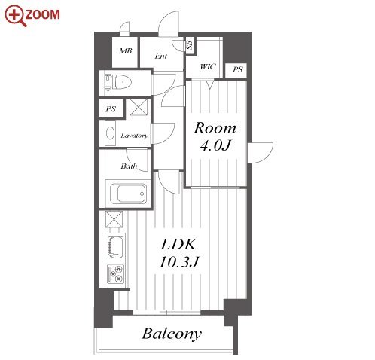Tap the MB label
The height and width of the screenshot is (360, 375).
pos(126,51)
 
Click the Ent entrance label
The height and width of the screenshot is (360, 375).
pos(161,56)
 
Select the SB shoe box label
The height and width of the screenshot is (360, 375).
pos(191,45)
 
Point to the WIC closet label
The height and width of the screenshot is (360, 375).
pos(208,67)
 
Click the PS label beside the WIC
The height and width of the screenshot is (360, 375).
pos(237,69)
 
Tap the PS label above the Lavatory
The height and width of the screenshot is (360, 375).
pos(111,109)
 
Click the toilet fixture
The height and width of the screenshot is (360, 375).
pos(118,82)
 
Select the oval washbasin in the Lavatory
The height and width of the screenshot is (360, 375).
pos(110,133)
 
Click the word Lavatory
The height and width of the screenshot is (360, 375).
pos(135,136)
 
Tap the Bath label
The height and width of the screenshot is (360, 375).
pos(129,166)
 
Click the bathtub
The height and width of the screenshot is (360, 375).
pos(128,194)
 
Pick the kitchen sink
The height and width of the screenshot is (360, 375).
pos(115,246)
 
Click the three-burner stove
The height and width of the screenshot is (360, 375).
pos(115,273)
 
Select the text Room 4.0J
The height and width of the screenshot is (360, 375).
pos(215,136)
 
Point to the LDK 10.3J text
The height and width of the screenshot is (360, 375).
pos(178,253)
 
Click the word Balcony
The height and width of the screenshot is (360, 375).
pos(172,334)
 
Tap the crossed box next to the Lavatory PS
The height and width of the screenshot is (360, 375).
pos(139,107)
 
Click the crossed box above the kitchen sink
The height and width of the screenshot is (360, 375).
pos(114,219)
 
